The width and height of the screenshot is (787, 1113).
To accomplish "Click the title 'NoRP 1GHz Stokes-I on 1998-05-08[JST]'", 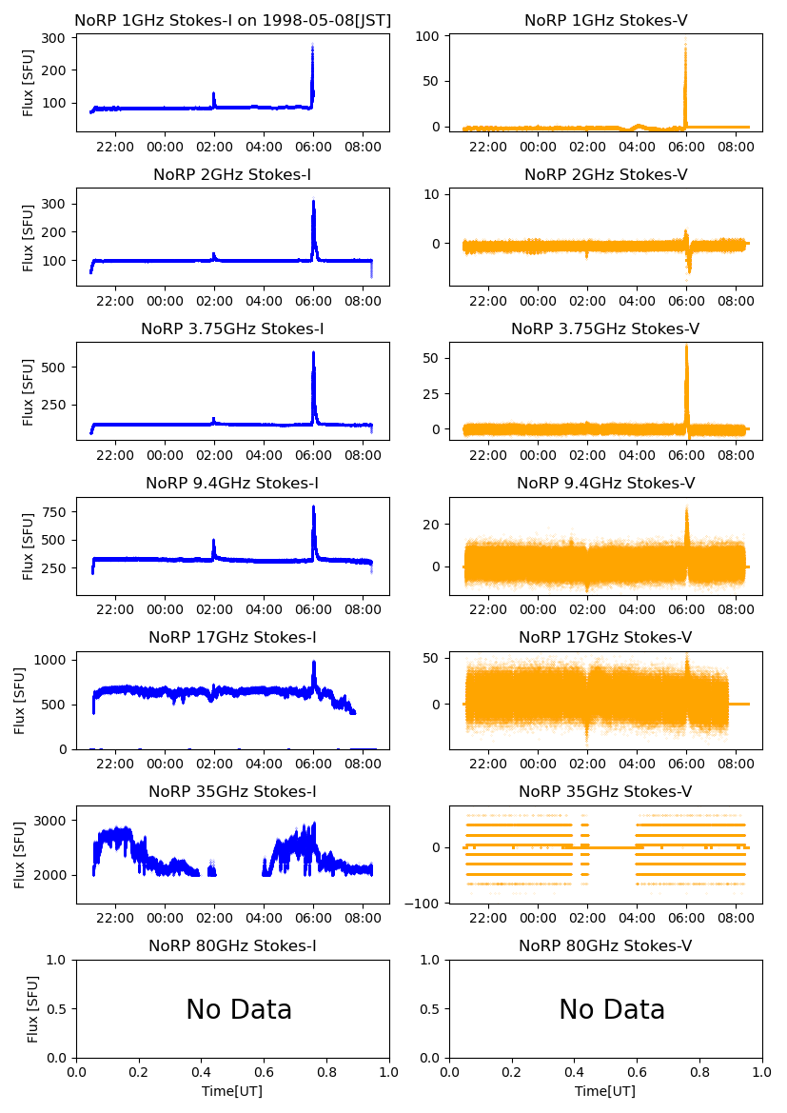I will coord(232,20).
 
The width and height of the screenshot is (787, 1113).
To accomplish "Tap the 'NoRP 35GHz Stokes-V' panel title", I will coord(605,791).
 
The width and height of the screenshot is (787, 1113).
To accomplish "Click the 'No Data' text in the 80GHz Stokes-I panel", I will coord(239,1009).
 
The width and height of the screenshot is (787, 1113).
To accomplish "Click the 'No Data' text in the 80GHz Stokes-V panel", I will coord(612,1009).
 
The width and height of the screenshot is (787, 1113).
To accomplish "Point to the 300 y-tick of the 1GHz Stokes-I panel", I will coord(56,38).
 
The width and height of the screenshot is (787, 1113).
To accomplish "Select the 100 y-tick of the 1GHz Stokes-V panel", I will coord(431,36).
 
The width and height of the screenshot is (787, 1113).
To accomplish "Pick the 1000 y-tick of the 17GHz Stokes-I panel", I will coord(53,659).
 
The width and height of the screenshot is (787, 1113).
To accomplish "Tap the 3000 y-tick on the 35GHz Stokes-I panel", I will coord(53,821).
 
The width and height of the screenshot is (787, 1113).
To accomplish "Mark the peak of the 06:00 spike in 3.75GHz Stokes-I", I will coord(313,353).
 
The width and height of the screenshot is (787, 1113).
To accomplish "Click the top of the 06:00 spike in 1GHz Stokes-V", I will coord(685,46).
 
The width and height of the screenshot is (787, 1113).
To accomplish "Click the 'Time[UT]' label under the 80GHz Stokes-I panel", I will coord(232,1091).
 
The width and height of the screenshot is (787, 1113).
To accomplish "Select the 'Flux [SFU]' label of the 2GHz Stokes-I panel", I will coord(28,236).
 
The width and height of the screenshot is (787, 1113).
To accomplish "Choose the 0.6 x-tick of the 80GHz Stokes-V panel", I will coord(637,1072).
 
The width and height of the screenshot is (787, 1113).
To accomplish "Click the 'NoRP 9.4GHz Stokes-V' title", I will coord(605,483).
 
